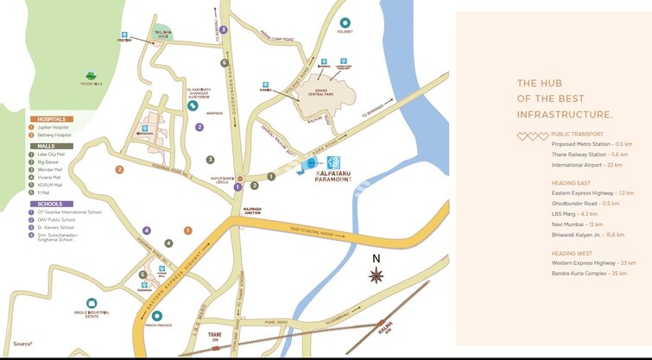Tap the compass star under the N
pyautogui.click(x=377, y=275)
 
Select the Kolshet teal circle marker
pyautogui.click(x=345, y=23)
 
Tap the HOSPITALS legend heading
pyautogui.click(x=50, y=118)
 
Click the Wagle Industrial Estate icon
pyautogui.click(x=92, y=304)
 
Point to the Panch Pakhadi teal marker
pyautogui.click(x=157, y=315)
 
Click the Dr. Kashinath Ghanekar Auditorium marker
pyautogui.click(x=193, y=106)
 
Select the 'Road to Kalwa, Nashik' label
pyautogui.click(x=313, y=230)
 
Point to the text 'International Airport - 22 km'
pyautogui.click(x=587, y=164)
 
